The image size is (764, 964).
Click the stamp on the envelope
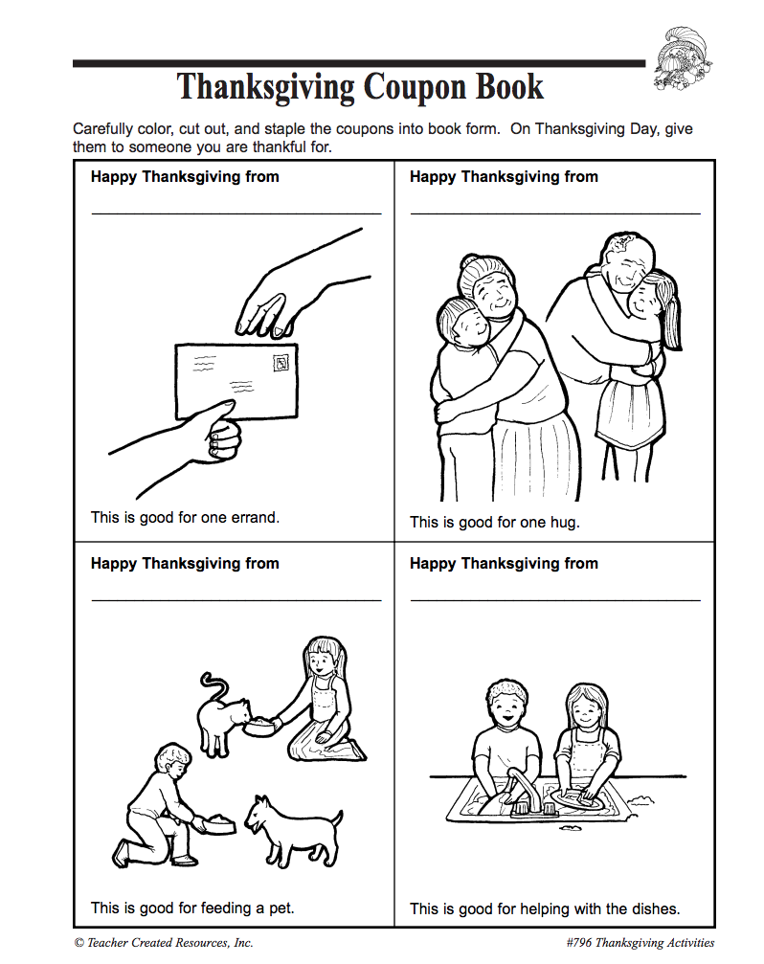pos(281,363)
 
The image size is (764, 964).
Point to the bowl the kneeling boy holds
pos(216,823)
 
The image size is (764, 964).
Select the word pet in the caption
pos(281,908)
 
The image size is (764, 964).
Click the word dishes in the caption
pos(654,908)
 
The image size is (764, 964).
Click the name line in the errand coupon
pos(236,213)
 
